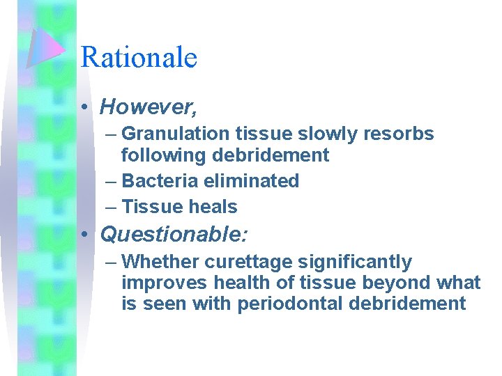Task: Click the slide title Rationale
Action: (x=139, y=57)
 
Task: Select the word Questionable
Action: (x=173, y=235)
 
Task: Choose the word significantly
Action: (x=355, y=263)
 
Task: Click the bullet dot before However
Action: (x=84, y=107)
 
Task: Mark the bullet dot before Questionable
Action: (x=84, y=235)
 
